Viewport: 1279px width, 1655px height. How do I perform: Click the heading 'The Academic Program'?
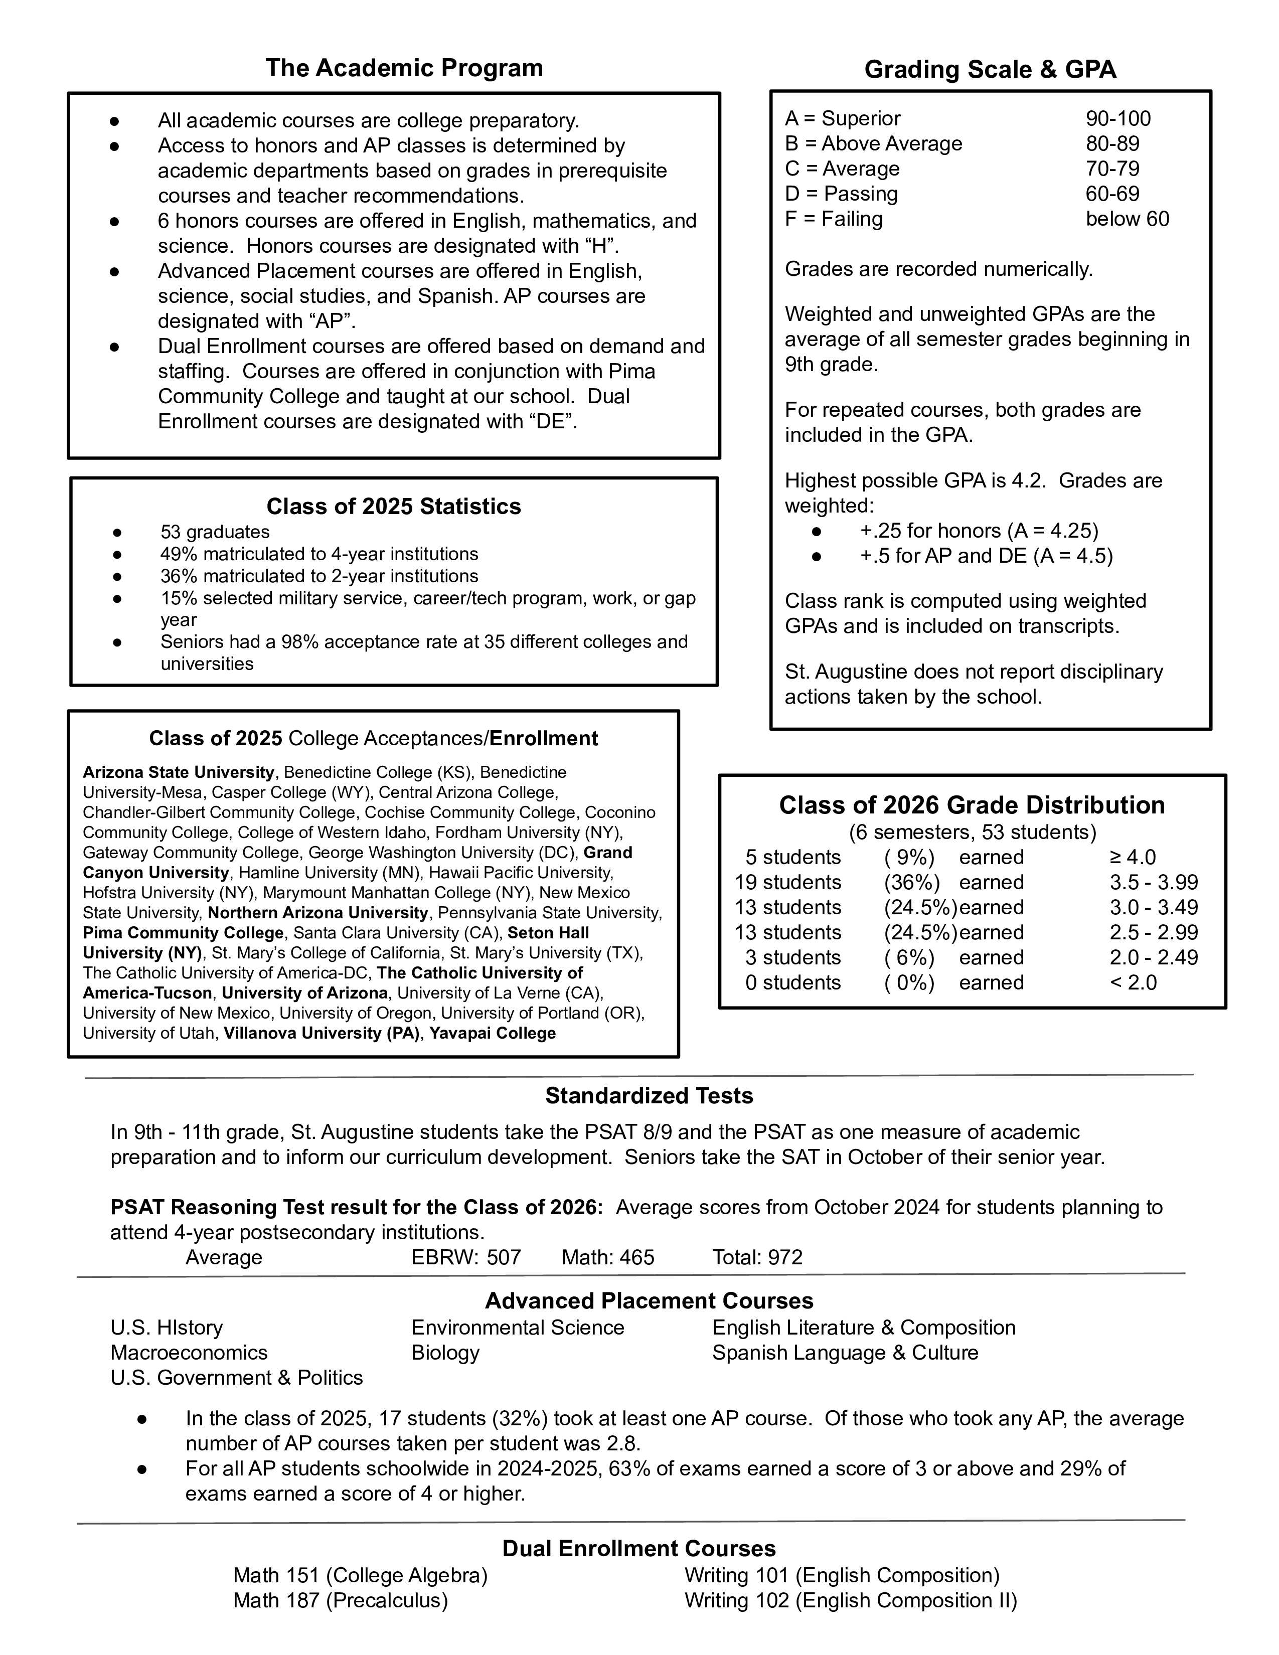(404, 68)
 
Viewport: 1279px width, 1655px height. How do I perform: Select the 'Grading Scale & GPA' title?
(990, 70)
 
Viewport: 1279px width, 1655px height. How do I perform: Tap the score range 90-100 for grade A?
(1117, 119)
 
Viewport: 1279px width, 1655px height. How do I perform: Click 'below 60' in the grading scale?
(1127, 219)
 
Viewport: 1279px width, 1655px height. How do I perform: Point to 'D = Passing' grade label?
(841, 194)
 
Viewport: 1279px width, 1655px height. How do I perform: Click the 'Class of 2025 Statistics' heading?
(393, 506)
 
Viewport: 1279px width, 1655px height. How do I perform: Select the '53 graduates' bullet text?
(215, 532)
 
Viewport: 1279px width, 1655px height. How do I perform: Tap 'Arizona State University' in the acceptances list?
(178, 772)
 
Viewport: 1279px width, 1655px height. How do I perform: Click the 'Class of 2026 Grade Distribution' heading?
(972, 805)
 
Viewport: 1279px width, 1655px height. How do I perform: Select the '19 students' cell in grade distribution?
(788, 882)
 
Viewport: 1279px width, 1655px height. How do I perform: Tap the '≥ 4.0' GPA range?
(1133, 857)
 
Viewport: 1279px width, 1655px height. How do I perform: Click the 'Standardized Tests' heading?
(649, 1096)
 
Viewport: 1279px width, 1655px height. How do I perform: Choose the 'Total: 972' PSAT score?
(757, 1257)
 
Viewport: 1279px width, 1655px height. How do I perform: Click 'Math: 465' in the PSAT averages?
(608, 1257)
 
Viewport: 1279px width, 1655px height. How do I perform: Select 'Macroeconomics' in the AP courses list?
(189, 1353)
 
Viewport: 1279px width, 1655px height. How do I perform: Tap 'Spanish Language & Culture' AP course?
(845, 1353)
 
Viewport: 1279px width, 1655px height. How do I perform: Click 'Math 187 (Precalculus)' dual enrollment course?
(340, 1600)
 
